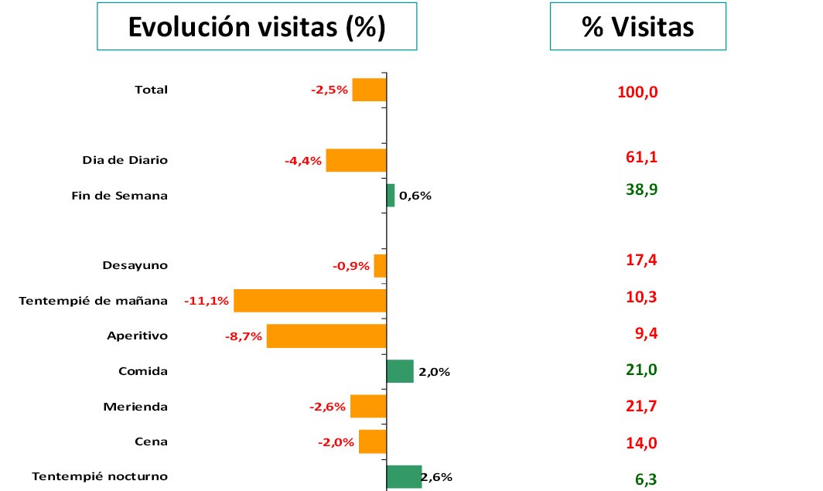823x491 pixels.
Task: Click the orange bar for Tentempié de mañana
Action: click(x=309, y=301)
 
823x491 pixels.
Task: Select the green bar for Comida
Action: click(x=400, y=371)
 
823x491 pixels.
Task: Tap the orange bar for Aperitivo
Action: click(x=326, y=336)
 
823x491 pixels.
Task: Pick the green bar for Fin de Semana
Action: click(x=391, y=196)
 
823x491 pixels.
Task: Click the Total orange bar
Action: click(x=369, y=90)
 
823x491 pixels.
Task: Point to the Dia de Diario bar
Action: click(x=356, y=160)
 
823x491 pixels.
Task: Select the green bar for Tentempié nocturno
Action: click(x=404, y=476)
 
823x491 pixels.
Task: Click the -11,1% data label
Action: click(x=207, y=301)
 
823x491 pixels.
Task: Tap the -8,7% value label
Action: click(x=244, y=336)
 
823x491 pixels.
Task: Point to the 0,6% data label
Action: click(x=415, y=196)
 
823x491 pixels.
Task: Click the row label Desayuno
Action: click(x=135, y=265)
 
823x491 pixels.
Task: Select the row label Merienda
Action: click(x=135, y=407)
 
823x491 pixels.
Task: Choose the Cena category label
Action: click(x=151, y=442)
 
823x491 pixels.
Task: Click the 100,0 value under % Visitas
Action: click(x=637, y=93)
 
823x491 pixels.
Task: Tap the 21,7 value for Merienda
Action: click(x=641, y=406)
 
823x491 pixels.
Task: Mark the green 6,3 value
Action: click(x=646, y=479)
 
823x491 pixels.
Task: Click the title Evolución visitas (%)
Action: click(x=257, y=27)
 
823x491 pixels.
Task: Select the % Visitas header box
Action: click(x=637, y=27)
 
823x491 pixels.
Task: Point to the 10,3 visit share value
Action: click(x=641, y=297)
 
